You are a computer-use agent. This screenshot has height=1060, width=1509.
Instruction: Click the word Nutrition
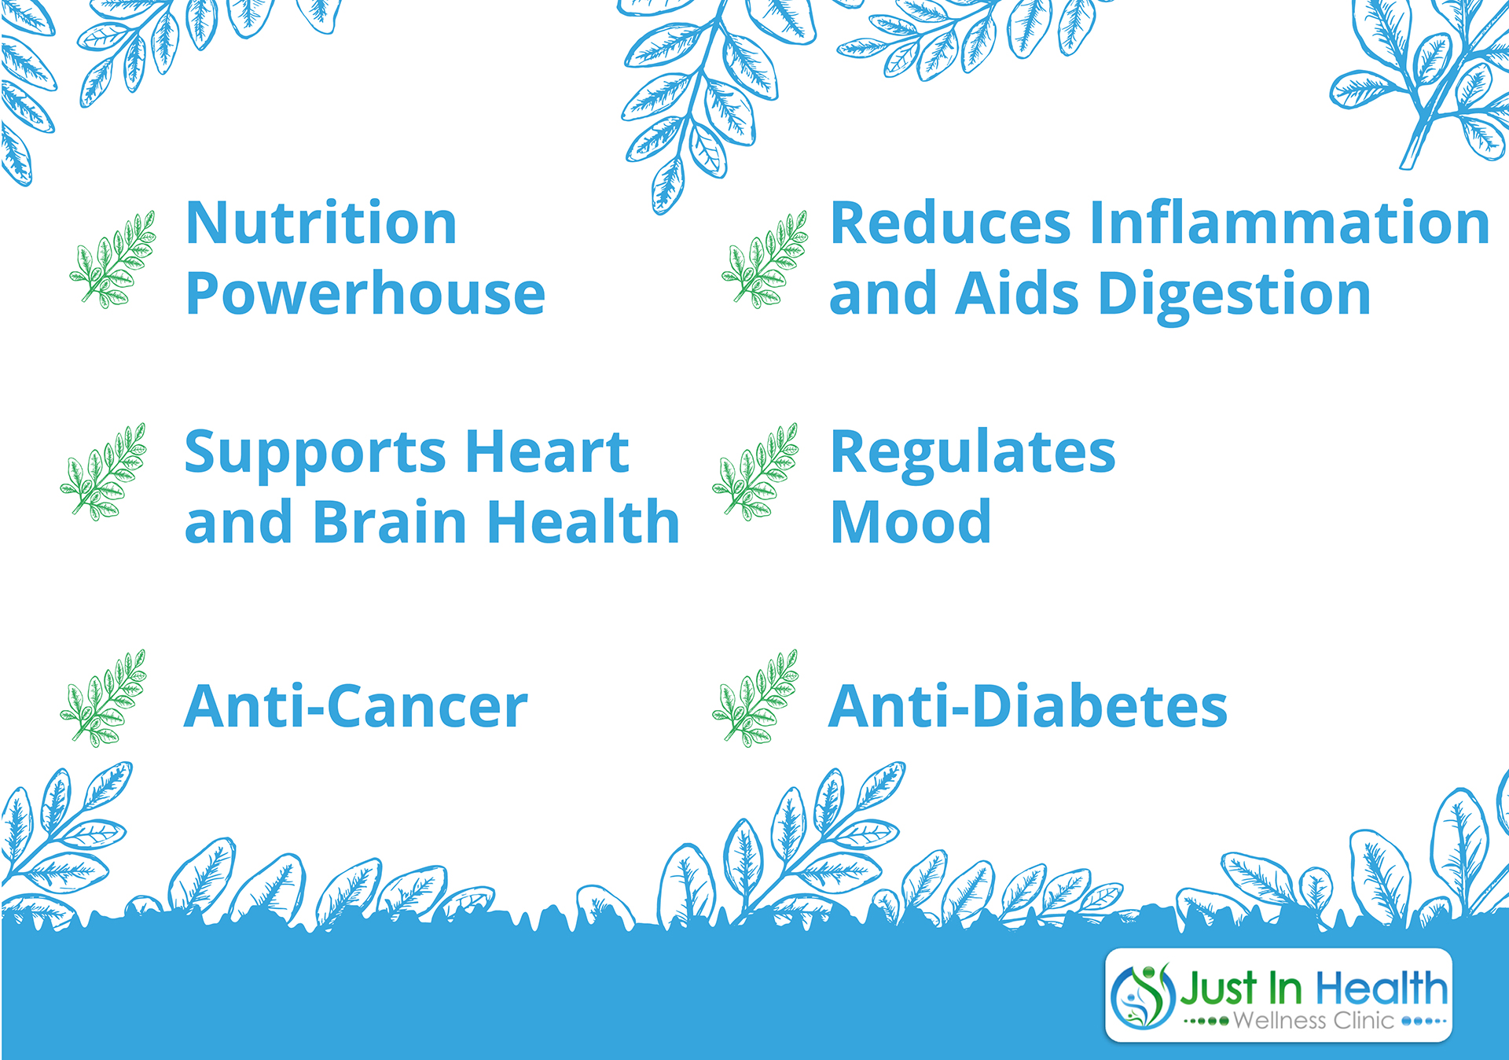tap(321, 223)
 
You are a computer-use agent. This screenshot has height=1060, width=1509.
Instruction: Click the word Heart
tap(547, 452)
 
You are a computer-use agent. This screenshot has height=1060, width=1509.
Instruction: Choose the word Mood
tap(911, 522)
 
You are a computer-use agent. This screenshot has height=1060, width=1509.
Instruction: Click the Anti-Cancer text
tap(356, 706)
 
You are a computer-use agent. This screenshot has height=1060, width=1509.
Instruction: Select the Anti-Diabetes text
tap(1028, 706)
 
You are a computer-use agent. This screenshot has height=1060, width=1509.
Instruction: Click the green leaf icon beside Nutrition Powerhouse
tap(112, 259)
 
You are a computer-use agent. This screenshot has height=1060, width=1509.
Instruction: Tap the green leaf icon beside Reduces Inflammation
tap(765, 259)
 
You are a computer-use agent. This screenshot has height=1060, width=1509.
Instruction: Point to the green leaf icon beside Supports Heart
tap(103, 472)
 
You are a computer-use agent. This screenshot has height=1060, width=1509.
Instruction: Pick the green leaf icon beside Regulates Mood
tap(755, 472)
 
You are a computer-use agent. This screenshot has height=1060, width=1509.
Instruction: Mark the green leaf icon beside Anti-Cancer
tap(103, 698)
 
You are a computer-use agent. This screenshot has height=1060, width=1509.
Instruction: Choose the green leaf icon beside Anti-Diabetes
tap(755, 698)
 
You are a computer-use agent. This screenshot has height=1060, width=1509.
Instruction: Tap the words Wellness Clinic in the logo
tap(1313, 1021)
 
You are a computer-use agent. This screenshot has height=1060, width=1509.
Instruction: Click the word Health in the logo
tap(1382, 988)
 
